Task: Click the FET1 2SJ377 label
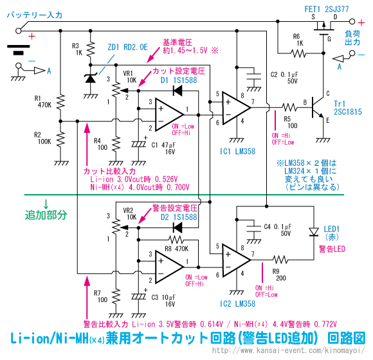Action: click(327, 9)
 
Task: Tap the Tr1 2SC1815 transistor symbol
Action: click(318, 108)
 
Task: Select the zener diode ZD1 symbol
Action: click(91, 78)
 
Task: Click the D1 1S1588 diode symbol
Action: click(177, 91)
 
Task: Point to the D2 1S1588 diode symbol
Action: click(177, 228)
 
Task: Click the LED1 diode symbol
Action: click(314, 232)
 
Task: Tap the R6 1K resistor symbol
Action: click(298, 53)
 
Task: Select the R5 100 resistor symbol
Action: click(289, 107)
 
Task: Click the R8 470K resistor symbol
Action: click(176, 240)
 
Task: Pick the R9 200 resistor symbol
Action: click(280, 260)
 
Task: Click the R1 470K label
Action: click(43, 102)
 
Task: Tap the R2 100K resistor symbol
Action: click(60, 139)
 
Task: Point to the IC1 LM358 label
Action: click(237, 152)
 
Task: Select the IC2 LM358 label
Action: click(237, 303)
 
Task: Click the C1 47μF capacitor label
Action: click(163, 148)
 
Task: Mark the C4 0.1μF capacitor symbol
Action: click(254, 229)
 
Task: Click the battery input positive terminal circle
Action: click(18, 31)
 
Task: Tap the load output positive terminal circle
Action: click(352, 21)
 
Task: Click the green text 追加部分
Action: click(46, 215)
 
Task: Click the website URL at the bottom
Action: click(288, 350)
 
